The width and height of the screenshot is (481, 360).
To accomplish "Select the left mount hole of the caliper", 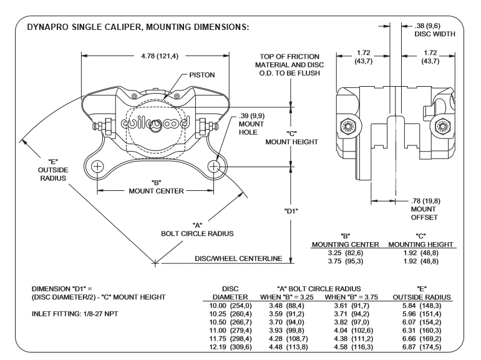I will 97,167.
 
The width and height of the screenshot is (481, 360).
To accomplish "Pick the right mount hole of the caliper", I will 214,167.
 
